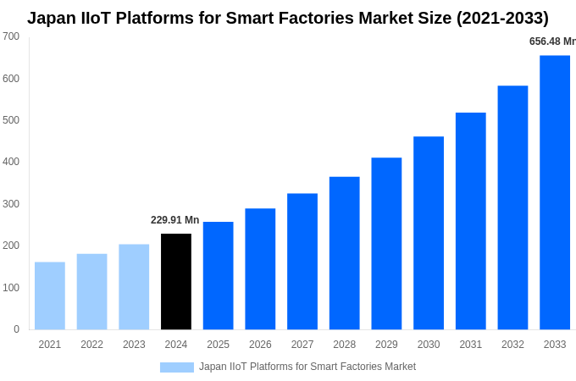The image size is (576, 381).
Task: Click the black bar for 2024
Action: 176,281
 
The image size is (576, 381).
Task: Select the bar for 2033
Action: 555,192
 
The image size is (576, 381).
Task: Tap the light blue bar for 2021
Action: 50,295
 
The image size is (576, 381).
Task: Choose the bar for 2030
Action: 429,233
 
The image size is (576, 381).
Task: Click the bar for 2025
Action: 219,275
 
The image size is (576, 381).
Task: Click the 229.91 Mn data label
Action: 174,220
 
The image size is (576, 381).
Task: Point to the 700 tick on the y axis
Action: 11,36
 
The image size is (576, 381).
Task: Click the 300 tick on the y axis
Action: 11,204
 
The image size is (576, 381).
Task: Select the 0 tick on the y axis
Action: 16,329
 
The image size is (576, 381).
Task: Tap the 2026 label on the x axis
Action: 260,345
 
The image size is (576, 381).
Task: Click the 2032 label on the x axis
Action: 512,345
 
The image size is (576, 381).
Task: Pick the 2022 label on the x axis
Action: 91,345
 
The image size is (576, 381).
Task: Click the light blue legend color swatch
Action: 176,367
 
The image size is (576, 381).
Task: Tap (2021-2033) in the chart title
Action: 502,18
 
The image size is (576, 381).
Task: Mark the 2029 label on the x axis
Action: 386,345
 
